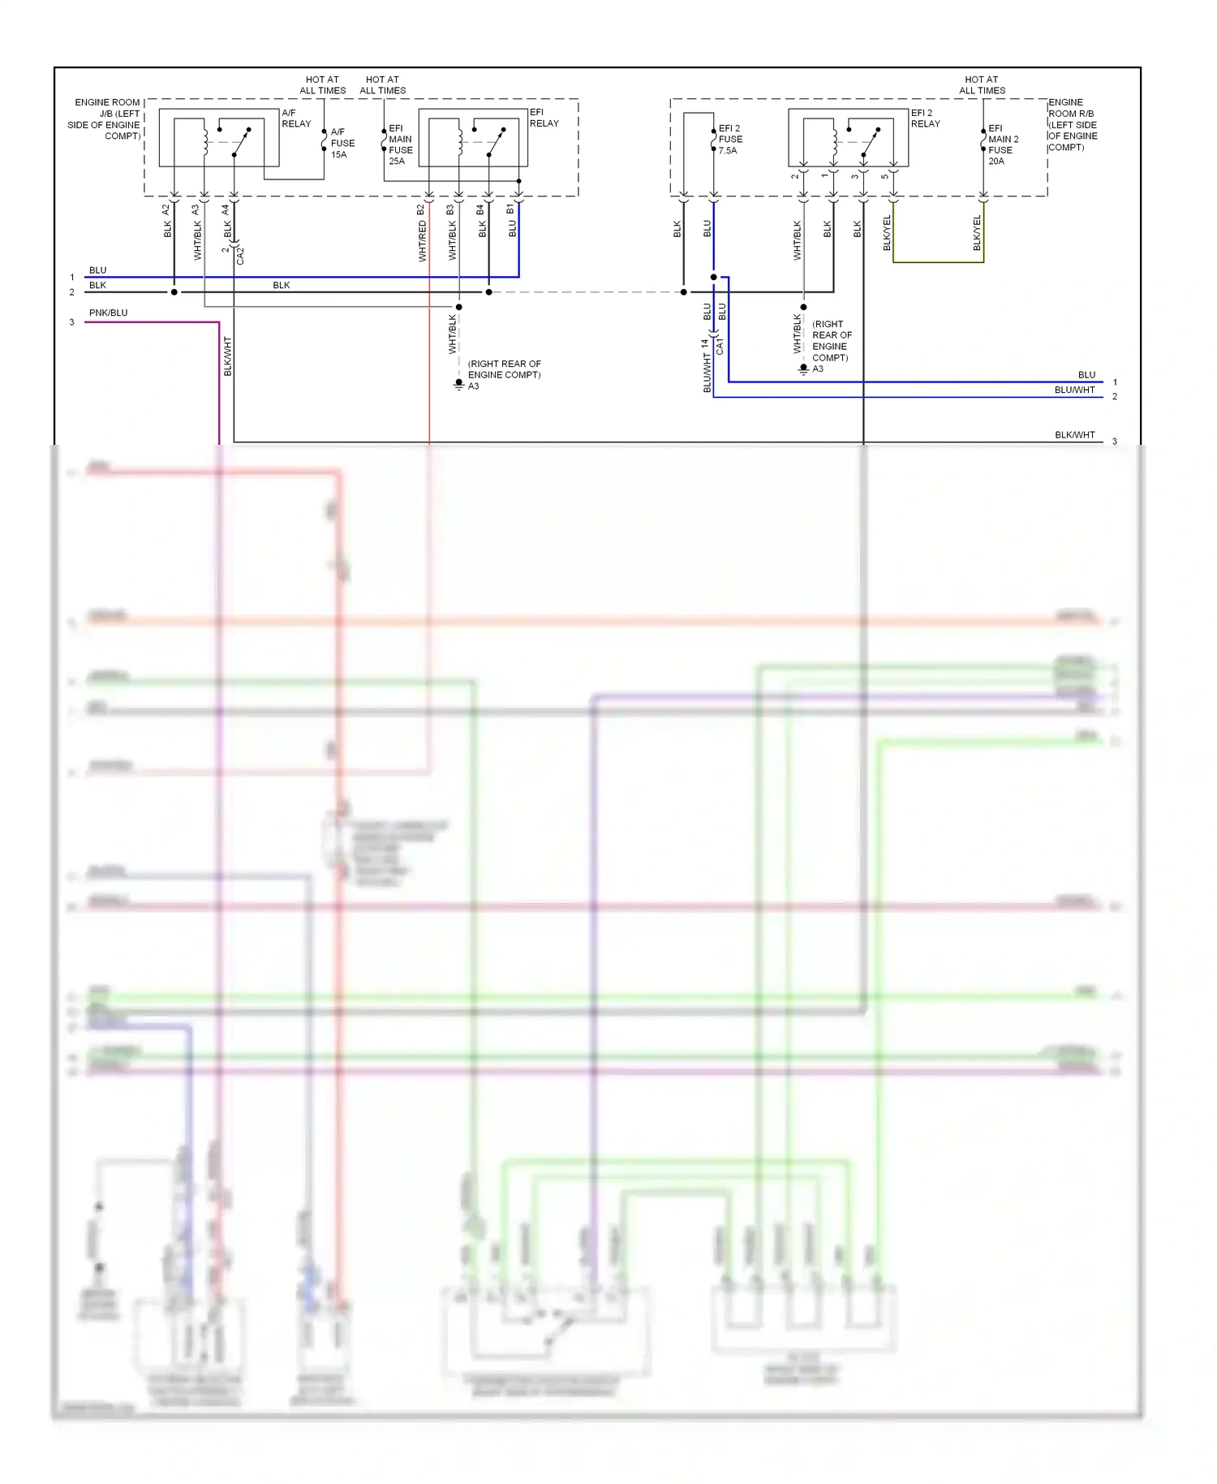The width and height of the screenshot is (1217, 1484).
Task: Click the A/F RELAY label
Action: pos(295,119)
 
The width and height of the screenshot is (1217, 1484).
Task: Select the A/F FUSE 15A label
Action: pos(342,143)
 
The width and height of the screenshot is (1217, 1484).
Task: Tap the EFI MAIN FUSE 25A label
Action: pos(400,145)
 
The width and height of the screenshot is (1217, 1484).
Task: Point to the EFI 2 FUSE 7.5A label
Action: pos(729,139)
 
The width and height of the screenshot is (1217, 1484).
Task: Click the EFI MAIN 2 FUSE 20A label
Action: pos(1002,145)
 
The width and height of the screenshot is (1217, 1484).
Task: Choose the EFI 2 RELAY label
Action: pos(925,119)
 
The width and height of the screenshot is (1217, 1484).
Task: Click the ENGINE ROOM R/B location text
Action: pos(1072,124)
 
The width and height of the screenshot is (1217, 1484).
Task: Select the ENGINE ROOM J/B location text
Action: pos(105,119)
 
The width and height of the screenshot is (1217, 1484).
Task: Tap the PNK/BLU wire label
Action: pos(108,313)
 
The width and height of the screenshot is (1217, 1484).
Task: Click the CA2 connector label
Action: pos(240,256)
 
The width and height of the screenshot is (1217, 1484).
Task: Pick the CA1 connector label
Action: pos(720,347)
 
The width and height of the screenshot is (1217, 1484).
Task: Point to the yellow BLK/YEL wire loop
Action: pos(938,261)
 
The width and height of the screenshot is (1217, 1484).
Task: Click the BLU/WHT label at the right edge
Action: pos(1074,390)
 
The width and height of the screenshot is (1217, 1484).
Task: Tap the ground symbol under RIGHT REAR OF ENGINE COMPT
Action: pos(458,383)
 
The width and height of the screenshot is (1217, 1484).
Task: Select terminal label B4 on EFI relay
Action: pos(480,209)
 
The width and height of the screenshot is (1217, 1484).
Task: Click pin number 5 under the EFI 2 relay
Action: pos(884,176)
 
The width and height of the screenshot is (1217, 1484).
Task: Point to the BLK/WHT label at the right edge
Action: pos(1074,434)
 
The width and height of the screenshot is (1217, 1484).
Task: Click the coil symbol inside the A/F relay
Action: pos(204,140)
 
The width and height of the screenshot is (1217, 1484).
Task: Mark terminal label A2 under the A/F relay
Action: pos(166,209)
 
